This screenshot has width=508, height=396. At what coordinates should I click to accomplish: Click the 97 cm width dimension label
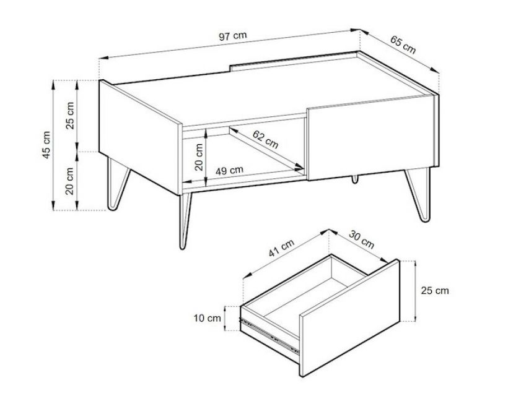(x=232, y=36)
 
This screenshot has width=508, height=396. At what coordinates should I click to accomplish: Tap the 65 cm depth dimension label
(x=403, y=45)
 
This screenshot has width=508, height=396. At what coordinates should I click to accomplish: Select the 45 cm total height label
(x=46, y=145)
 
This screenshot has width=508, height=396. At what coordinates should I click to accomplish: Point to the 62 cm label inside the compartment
(x=265, y=139)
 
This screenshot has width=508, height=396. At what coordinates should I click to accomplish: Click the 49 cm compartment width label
(x=229, y=170)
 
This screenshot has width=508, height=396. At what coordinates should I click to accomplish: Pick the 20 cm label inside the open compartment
(x=199, y=157)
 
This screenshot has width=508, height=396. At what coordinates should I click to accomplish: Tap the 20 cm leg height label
(x=69, y=181)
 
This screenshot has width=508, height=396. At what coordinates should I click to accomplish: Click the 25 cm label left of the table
(x=69, y=116)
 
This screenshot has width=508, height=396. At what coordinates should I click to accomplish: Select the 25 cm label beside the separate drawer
(x=435, y=291)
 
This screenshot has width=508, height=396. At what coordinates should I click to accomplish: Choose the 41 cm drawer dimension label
(x=281, y=248)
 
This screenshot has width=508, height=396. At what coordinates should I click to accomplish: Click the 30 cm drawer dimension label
(x=362, y=239)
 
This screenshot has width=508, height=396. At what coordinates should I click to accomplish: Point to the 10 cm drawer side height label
(x=208, y=318)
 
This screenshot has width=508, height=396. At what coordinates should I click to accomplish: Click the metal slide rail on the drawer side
(x=269, y=335)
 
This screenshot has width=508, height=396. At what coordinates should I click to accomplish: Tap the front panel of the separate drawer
(x=350, y=318)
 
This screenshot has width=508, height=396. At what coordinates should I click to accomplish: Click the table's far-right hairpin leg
(x=419, y=194)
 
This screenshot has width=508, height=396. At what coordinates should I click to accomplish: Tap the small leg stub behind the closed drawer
(x=356, y=179)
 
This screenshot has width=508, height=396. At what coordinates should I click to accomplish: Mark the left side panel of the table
(x=140, y=137)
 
